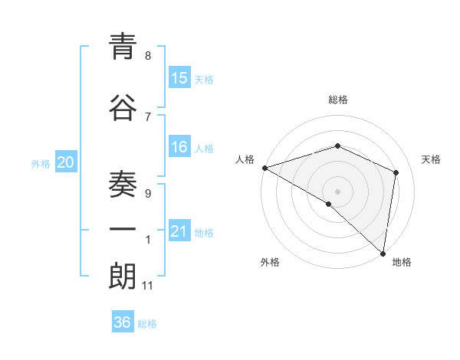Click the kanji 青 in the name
[x=123, y=49]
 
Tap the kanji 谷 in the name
[x=123, y=109]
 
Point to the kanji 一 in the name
[x=123, y=231]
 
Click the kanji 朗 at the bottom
[x=123, y=277]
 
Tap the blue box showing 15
[x=179, y=77]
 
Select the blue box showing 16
[x=179, y=147]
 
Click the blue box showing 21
[x=179, y=231]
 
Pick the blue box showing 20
[x=66, y=162]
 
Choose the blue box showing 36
[x=123, y=322]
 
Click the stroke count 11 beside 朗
[x=148, y=286]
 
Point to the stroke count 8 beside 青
[x=148, y=55]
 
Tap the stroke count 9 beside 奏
[x=148, y=194]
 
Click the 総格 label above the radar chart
[x=338, y=100]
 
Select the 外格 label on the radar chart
[x=270, y=262]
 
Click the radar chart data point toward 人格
[x=264, y=168]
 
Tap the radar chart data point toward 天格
[x=396, y=172]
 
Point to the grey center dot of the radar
[x=337, y=191]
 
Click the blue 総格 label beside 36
[x=147, y=324]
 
